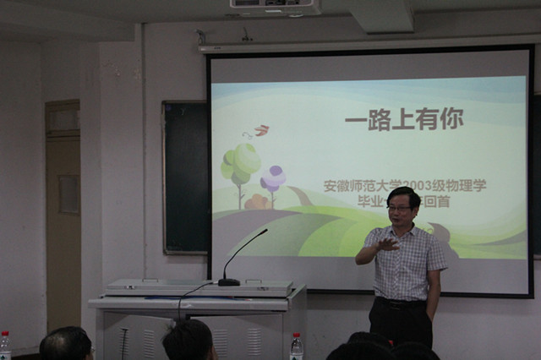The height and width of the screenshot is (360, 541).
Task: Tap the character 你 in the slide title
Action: [451, 120]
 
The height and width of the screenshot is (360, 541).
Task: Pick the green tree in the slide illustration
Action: [241, 162]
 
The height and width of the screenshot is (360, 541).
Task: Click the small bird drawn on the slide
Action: [260, 130]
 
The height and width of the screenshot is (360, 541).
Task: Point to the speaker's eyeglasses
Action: [399, 208]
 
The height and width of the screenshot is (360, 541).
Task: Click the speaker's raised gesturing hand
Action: [385, 244]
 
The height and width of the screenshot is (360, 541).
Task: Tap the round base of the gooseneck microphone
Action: [229, 281]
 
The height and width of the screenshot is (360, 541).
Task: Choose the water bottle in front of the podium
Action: [297, 346]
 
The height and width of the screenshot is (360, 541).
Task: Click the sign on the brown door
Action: [68, 194]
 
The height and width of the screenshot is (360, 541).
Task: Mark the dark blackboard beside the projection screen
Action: [185, 177]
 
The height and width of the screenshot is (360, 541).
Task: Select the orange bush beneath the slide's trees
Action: [257, 202]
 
